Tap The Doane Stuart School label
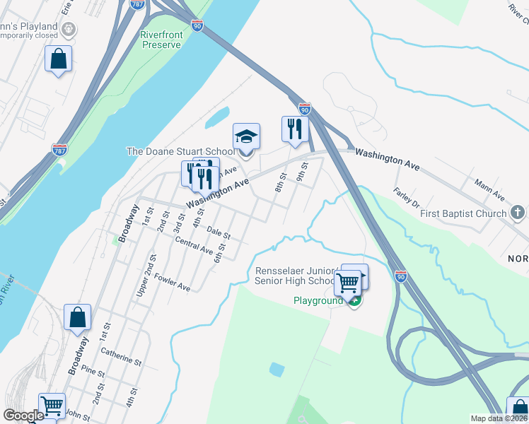pos(180,151)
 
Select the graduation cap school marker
pos(247,136)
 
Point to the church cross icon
pos(518,213)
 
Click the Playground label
pos(318,300)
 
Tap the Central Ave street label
pos(194,245)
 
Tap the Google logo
pos(23,416)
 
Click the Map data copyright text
pos(499,418)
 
